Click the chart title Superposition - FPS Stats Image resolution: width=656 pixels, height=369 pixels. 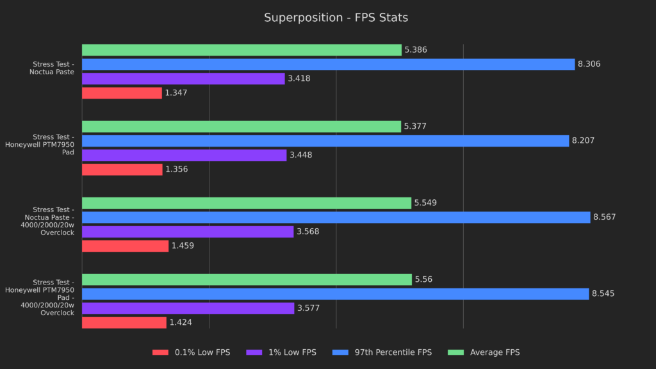coord(336,18)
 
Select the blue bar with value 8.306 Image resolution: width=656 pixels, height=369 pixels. coord(328,64)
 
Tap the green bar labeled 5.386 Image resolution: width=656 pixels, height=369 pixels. coord(242,50)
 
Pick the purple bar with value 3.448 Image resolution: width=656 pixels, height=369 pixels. coord(184,155)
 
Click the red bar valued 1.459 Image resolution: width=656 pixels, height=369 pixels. coord(125,246)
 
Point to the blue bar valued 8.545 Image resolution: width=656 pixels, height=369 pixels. coord(335,294)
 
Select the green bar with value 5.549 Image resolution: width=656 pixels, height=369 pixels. coord(247,203)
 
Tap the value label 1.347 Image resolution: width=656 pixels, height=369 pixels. coord(176,93)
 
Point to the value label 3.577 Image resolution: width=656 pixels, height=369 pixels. coord(307,308)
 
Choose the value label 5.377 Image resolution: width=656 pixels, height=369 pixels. coord(415,127)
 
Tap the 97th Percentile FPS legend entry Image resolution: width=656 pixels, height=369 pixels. coord(393,352)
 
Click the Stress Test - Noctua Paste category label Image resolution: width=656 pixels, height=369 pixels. coord(53,68)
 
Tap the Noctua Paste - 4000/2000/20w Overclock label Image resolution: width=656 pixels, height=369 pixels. coord(54,221)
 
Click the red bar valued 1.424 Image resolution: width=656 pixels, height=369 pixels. coord(124,322)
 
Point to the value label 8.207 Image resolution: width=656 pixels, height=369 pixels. coord(583,141)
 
